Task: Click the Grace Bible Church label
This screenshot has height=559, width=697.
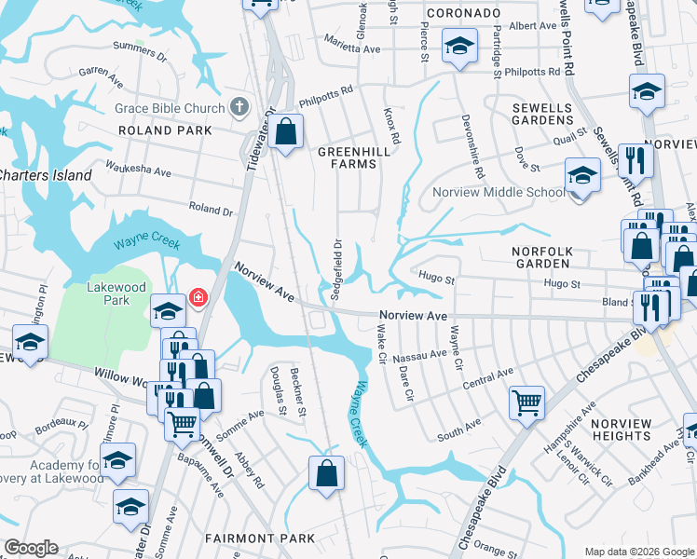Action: click(x=170, y=108)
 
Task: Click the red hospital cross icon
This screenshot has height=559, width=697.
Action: click(x=198, y=299)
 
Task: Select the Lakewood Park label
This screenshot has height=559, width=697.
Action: click(x=116, y=294)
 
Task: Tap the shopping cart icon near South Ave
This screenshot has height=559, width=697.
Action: click(x=526, y=403)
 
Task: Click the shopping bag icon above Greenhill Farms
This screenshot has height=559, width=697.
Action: click(x=287, y=131)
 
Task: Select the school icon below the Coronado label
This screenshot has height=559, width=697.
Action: click(x=459, y=46)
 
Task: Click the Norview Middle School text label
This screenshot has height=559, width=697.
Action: click(x=498, y=193)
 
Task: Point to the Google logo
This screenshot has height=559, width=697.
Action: click(x=32, y=548)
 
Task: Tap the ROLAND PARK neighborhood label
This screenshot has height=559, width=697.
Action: click(x=158, y=130)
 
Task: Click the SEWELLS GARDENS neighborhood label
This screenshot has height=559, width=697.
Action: click(x=542, y=114)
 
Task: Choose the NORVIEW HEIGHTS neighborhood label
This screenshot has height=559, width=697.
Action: click(x=622, y=429)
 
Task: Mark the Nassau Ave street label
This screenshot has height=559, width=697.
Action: click(x=420, y=356)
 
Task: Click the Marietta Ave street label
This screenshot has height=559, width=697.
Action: click(x=353, y=44)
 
